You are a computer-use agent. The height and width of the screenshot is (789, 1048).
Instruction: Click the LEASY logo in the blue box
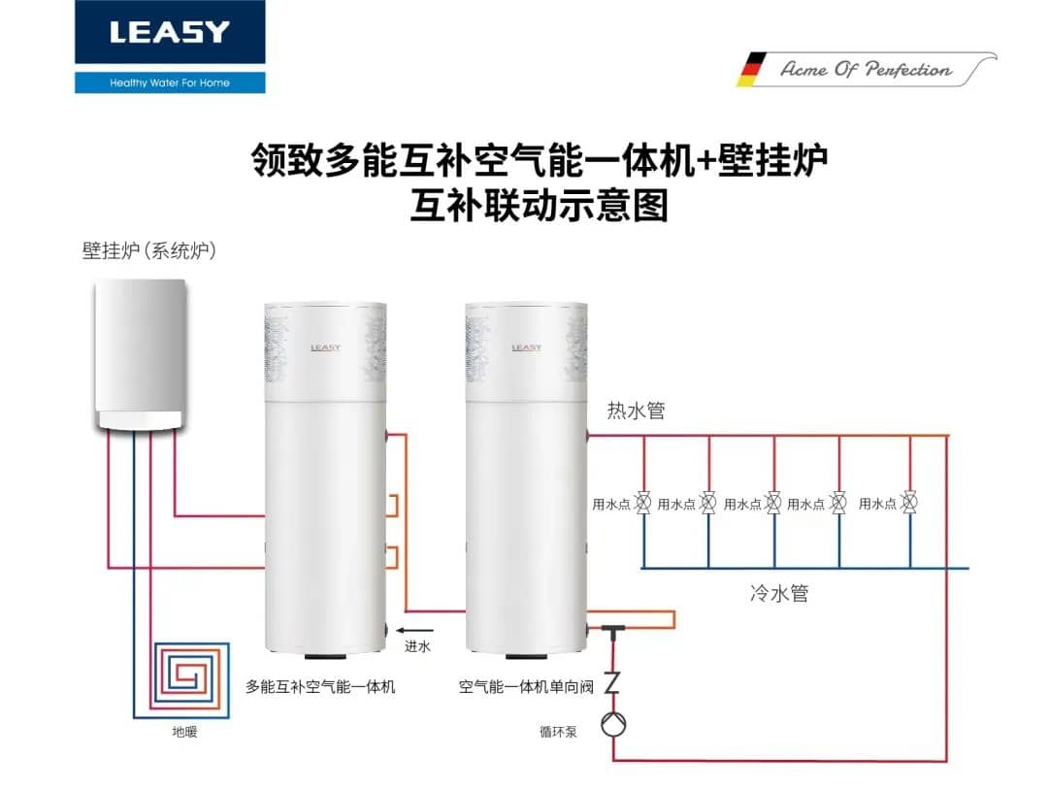(x=170, y=32)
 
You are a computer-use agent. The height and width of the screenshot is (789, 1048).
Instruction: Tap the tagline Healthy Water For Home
(x=170, y=82)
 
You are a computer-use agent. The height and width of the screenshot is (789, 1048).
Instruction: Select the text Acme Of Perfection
(x=867, y=69)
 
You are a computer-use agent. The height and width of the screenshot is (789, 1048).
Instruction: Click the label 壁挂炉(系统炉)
(x=149, y=250)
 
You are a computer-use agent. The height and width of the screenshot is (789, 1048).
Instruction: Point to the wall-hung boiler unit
(x=140, y=354)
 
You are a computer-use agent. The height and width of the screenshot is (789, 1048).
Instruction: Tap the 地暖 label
(x=184, y=732)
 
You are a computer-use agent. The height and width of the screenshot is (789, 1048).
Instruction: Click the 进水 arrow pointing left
(x=415, y=630)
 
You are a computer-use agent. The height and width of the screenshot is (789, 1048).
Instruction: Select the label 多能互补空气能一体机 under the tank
(x=320, y=687)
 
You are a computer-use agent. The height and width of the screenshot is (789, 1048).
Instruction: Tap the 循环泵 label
(x=558, y=732)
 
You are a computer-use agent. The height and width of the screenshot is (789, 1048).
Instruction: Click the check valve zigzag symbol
(x=612, y=682)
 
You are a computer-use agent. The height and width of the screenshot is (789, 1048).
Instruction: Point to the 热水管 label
(x=636, y=410)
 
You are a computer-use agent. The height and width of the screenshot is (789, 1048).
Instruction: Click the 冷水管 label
(x=779, y=593)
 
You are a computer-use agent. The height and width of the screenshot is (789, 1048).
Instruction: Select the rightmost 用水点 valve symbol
(x=909, y=502)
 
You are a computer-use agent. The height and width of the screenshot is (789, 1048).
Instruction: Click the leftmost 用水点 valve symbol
(x=643, y=502)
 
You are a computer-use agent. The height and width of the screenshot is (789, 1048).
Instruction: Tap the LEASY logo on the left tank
(x=325, y=347)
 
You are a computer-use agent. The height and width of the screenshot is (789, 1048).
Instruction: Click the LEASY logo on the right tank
(x=527, y=347)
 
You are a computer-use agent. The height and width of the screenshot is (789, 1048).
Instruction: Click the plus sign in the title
(x=705, y=161)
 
